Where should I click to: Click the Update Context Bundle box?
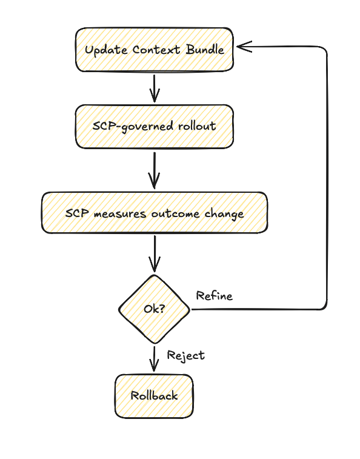click(154, 49)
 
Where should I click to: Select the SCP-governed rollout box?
click(154, 126)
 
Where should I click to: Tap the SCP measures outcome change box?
click(154, 213)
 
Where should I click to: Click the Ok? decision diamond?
click(154, 309)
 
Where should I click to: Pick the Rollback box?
click(154, 396)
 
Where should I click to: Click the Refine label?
click(214, 296)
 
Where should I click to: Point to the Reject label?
click(185, 355)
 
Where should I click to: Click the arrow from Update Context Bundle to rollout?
click(154, 87)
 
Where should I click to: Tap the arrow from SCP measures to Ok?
click(154, 253)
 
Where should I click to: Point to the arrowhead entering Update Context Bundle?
click(241, 46)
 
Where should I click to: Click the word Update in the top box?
click(101, 50)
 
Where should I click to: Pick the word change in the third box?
click(225, 213)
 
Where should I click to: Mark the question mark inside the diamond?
click(162, 309)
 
